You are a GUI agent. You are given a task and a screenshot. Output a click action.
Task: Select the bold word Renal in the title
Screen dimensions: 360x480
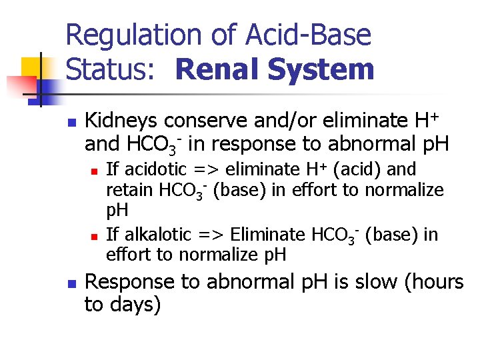[x=216, y=69]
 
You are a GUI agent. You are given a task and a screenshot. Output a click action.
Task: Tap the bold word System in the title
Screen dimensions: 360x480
[x=319, y=69]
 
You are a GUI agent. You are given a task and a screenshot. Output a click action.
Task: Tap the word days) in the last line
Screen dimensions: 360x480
[x=136, y=305]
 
